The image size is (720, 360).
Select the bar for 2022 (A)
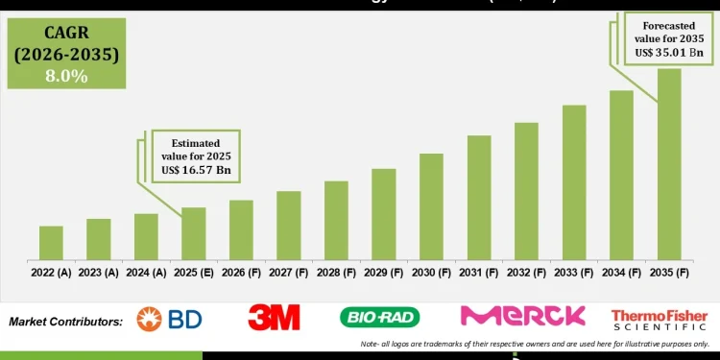tap(51, 242)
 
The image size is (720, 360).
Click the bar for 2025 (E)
tap(194, 233)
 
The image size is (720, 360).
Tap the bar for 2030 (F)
tap(431, 205)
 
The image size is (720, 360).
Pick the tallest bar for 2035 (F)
tap(669, 163)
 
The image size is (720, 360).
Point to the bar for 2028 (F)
tap(336, 220)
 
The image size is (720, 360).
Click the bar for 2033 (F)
tap(574, 181)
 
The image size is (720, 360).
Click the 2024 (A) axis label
tap(146, 273)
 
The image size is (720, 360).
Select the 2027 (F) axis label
tap(289, 273)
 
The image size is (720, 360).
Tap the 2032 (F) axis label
tap(526, 273)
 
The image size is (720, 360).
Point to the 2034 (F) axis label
tap(621, 273)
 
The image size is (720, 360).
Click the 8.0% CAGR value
tap(65, 75)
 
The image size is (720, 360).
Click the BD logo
tap(169, 319)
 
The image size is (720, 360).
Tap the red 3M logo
tap(274, 318)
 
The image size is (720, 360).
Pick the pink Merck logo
tap(522, 316)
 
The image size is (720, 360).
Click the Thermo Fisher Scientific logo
tap(659, 319)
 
